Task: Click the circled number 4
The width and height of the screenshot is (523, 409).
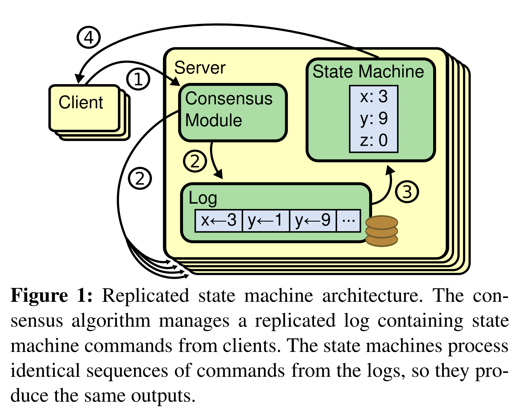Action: pos(89,37)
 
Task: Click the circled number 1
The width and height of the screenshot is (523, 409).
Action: pos(138,79)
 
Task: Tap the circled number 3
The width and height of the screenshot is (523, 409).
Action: pos(407,192)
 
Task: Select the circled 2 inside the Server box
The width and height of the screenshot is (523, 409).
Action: pos(195,161)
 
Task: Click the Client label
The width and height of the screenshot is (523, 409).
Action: pos(81,102)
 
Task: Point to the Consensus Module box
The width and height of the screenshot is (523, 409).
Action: pos(233,112)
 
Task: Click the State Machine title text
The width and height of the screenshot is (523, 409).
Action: pos(368,72)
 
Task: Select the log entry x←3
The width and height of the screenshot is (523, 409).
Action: pos(219,221)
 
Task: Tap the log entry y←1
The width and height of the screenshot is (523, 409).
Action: pos(266,221)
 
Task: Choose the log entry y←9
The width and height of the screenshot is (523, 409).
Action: pos(313,221)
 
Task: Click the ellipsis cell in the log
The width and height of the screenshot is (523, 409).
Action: pos(348,221)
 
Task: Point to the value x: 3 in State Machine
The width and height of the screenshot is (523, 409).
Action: pos(374,97)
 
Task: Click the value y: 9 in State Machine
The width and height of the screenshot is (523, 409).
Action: pos(374,119)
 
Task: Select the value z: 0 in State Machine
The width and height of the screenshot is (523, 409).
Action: pos(374,140)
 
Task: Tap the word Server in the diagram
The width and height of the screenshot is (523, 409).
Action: pos(200,68)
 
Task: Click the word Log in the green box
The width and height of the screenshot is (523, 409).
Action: pos(203,198)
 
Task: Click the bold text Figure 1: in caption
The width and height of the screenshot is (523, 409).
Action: pos(51,296)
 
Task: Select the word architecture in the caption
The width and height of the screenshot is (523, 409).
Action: pos(372,296)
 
